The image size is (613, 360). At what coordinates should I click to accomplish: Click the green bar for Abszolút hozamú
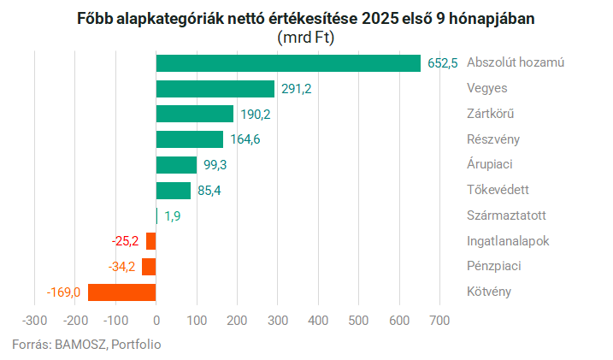tap(288, 63)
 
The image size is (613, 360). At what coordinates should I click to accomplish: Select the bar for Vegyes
tap(215, 89)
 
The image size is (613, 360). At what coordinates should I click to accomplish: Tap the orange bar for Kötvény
tap(122, 292)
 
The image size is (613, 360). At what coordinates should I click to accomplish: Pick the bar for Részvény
tap(190, 139)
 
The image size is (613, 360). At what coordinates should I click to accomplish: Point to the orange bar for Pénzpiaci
tap(149, 267)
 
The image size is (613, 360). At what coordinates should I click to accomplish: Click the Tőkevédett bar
tap(174, 191)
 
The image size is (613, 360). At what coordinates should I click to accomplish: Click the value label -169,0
tap(63, 292)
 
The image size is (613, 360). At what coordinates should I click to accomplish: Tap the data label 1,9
tap(172, 216)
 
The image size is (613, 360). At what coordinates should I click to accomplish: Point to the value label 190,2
tap(255, 115)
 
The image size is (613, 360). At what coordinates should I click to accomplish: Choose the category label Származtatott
tap(507, 215)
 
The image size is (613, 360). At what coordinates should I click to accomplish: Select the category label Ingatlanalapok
tap(508, 241)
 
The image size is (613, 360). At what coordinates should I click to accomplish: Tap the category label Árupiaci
tap(490, 164)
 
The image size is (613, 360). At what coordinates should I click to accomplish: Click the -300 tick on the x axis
tap(35, 321)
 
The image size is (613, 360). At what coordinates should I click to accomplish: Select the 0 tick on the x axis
tap(156, 321)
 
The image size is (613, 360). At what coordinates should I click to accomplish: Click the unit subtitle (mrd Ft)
tap(306, 38)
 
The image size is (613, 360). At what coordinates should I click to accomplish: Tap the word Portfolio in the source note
tap(135, 345)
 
